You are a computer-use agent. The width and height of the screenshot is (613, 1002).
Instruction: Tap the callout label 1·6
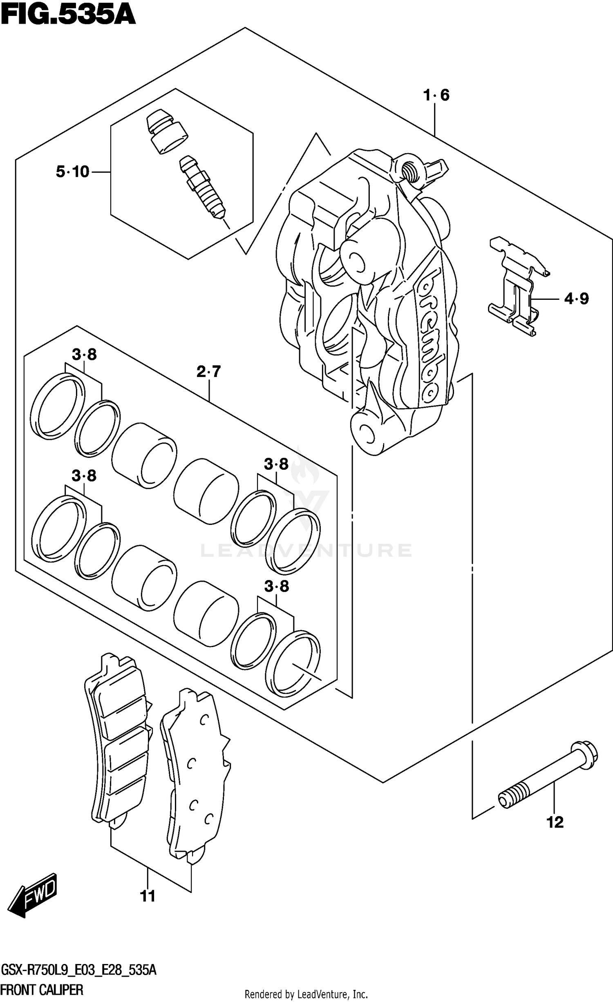436,96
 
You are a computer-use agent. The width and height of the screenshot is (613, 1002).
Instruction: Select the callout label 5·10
73,172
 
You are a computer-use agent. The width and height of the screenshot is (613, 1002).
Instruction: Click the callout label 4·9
576,299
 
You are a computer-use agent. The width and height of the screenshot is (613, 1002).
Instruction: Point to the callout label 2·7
208,372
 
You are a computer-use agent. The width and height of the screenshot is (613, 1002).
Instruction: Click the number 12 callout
555,822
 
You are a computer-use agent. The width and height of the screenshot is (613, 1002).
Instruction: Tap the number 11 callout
148,896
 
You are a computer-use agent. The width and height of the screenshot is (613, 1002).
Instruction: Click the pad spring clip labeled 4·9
517,286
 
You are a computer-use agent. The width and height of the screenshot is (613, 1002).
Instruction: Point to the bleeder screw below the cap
202,188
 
